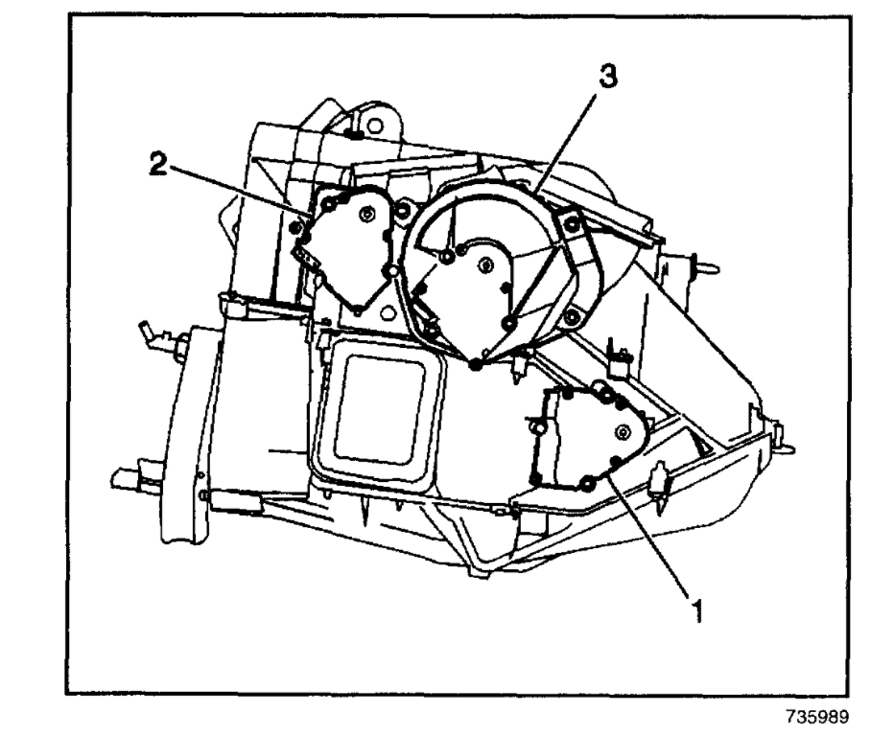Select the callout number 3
606,80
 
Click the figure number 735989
814,715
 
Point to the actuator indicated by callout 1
586,437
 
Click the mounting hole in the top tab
376,126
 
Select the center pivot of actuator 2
366,218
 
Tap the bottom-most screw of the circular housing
477,361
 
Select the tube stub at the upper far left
150,334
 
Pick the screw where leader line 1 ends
587,482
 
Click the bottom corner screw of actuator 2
357,310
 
